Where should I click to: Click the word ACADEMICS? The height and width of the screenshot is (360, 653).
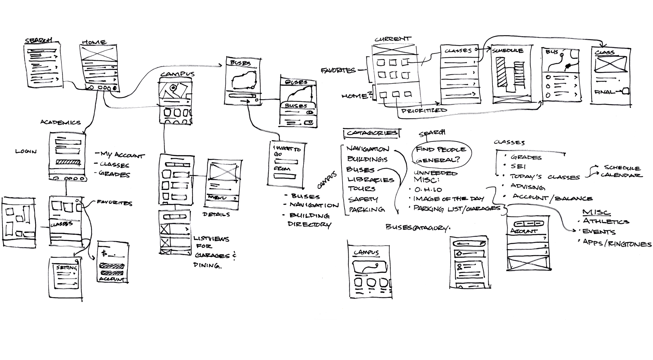tap(60, 122)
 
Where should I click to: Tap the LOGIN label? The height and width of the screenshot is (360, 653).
tap(26, 152)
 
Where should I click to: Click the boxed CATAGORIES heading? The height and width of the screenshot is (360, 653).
tap(372, 133)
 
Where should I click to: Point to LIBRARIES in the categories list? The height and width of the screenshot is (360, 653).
tap(371, 180)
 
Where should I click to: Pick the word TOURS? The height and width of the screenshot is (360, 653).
tap(362, 189)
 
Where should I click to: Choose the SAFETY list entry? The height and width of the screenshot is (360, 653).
tap(363, 200)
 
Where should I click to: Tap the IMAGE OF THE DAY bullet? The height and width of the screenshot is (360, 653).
tap(449, 199)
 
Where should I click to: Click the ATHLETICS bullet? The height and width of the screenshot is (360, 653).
tap(605, 222)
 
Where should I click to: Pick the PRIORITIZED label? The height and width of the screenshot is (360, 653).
tap(424, 111)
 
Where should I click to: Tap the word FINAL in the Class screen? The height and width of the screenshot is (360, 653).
tap(604, 92)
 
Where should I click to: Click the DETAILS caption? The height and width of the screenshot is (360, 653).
tap(216, 215)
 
